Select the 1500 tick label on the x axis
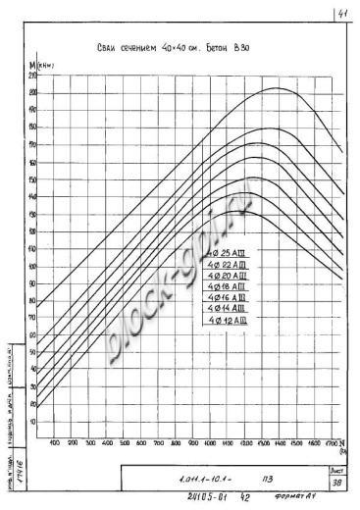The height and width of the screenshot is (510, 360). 296,443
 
